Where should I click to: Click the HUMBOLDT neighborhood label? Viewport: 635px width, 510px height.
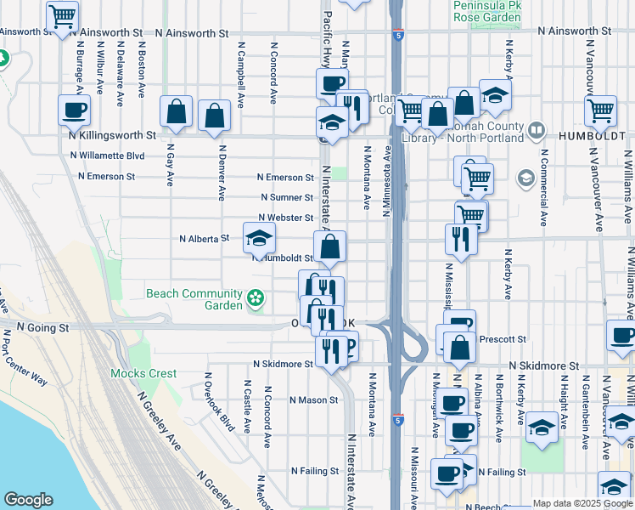[x=593, y=135]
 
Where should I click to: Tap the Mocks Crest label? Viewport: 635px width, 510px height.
[x=143, y=373]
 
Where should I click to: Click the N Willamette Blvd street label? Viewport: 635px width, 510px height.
[x=108, y=156]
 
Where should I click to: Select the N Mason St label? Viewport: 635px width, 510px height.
[x=314, y=399]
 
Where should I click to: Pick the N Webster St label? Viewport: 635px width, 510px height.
[x=286, y=218]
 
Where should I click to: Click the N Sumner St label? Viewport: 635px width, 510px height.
[x=287, y=197]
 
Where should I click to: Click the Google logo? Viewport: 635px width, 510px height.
[x=28, y=500]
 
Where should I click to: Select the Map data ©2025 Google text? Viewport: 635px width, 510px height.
[x=582, y=503]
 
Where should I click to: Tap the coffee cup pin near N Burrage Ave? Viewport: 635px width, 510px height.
[x=74, y=110]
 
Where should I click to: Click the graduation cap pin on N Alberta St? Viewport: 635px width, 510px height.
[x=260, y=238]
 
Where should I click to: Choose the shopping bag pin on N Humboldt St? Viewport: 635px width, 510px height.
[x=330, y=247]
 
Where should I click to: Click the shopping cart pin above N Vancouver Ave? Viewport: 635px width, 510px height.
[x=600, y=110]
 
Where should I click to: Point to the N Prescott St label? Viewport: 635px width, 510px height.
[x=503, y=339]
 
